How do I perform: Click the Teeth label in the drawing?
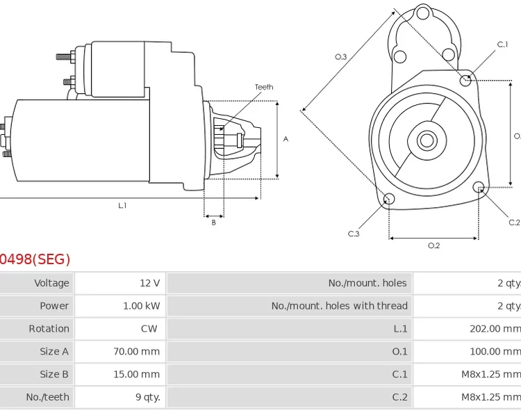(264, 87)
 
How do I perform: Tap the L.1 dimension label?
(122, 205)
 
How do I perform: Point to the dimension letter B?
(213, 222)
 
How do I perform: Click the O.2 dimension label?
(433, 245)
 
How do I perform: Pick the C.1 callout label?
(502, 44)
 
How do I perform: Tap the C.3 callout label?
(354, 234)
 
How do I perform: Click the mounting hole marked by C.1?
(466, 80)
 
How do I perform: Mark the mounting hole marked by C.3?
(389, 200)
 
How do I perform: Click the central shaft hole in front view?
(426, 140)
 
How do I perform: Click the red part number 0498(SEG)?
(35, 260)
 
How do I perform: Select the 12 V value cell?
(149, 283)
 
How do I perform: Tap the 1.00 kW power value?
(142, 306)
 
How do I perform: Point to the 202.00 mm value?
(495, 329)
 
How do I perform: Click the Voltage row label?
(51, 283)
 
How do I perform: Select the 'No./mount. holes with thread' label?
(339, 306)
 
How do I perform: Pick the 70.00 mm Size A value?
(136, 352)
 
